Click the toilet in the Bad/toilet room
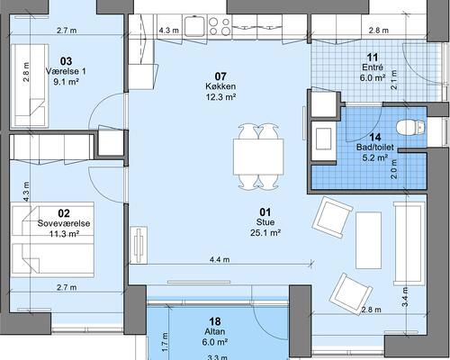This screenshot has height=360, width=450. tap(410, 127)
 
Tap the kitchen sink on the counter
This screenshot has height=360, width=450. tap(194, 26)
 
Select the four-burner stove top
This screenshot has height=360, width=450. tap(220, 26)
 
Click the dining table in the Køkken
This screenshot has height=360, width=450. tap(258, 157)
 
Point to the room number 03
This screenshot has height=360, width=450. tap(66, 61)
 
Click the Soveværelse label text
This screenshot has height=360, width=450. tap(64, 223)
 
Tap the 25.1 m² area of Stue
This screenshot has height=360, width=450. tap(265, 232)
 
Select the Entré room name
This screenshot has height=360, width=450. tap(373, 67)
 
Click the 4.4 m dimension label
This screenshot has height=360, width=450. tap(220, 259)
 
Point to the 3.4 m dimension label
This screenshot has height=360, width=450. tap(405, 297)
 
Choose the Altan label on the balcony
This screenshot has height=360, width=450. tap(215, 331)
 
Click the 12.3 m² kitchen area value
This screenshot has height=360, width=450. tap(220, 97)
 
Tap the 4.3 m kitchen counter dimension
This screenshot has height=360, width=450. tap(169, 31)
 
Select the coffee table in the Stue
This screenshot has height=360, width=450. tap(369, 240)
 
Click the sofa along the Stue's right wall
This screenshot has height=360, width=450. tap(409, 243)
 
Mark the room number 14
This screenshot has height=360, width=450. tap(375, 138)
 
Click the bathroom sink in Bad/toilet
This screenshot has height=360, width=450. tap(324, 139)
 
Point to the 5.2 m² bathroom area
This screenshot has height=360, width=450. tap(375, 157)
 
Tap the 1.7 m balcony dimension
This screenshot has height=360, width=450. tap(165, 342)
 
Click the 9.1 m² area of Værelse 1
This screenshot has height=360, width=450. tap(66, 82)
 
